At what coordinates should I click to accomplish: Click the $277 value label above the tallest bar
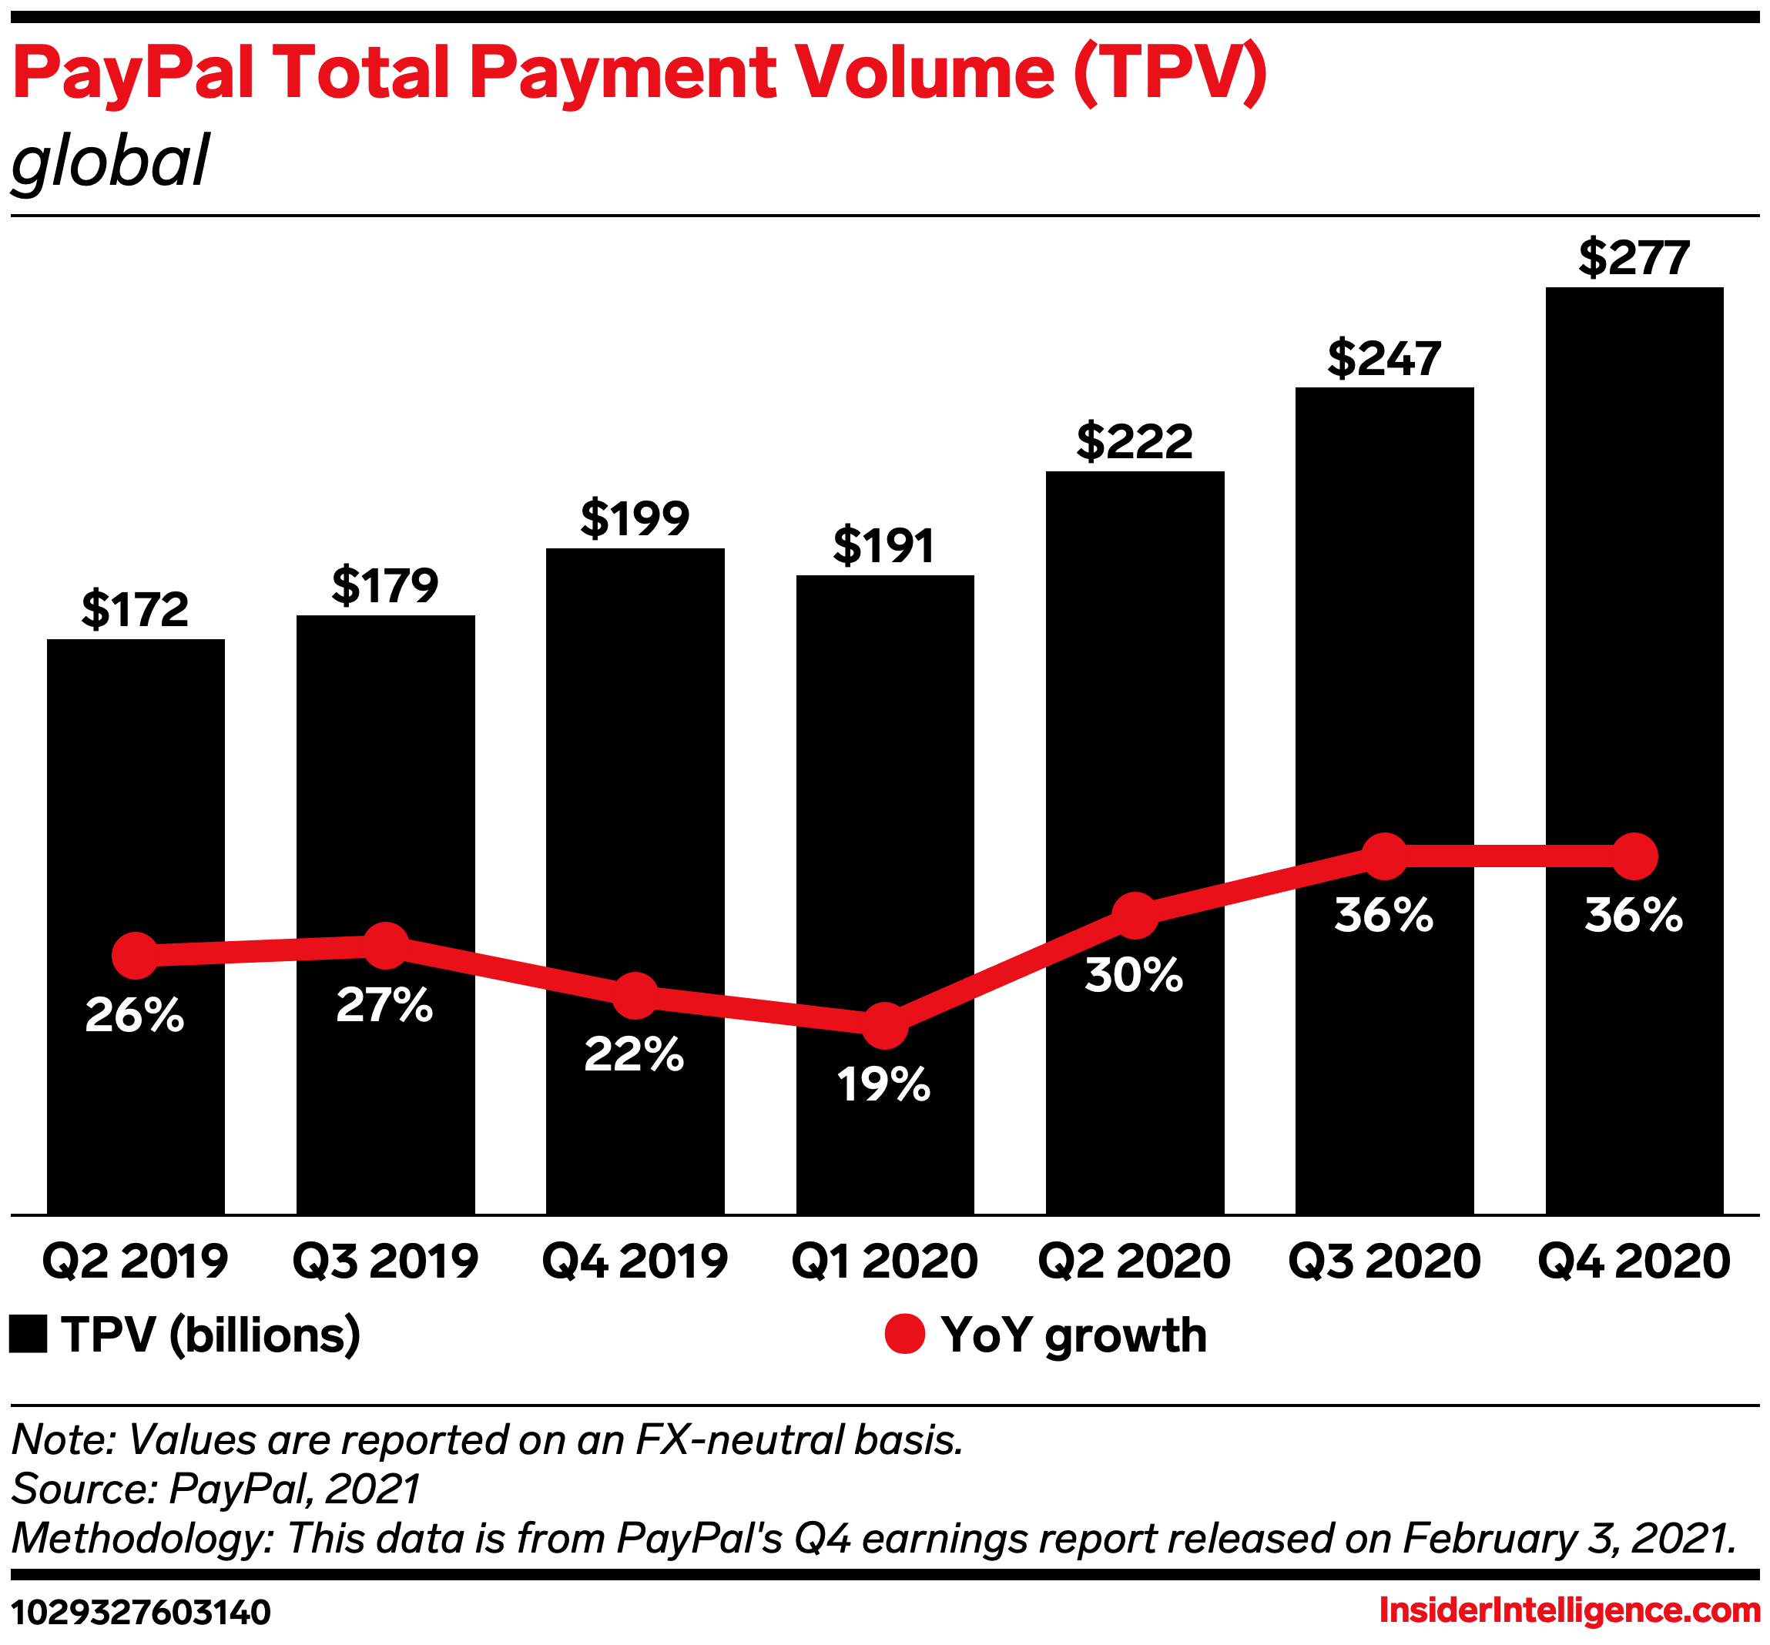click(x=1634, y=258)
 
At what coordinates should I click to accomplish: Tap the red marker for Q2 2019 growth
click(x=136, y=955)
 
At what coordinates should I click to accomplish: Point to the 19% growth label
click(x=883, y=1084)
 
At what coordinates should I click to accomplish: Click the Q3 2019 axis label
click(x=384, y=1261)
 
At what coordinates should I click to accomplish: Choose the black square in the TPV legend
click(x=28, y=1335)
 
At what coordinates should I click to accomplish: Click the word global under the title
click(x=109, y=161)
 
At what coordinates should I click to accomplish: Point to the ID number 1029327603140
click(x=141, y=1612)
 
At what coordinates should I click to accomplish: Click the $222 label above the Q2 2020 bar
click(x=1135, y=441)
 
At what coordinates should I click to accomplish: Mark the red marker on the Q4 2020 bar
click(x=1634, y=856)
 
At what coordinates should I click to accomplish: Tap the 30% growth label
click(x=1134, y=975)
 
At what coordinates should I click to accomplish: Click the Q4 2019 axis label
click(x=635, y=1261)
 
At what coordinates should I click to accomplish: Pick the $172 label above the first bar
click(x=136, y=610)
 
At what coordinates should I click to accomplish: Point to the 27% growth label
click(x=384, y=1005)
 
